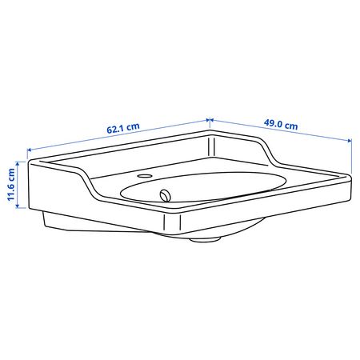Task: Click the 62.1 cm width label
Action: pyautogui.click(x=123, y=128)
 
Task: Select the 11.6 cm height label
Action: pyautogui.click(x=11, y=185)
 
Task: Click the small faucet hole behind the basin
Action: pyautogui.click(x=145, y=176)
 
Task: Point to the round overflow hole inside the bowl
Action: pyautogui.click(x=166, y=195)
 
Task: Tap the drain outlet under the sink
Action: pyautogui.click(x=205, y=239)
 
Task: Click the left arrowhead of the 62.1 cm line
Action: pyautogui.click(x=30, y=150)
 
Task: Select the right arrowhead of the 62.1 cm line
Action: pyautogui.click(x=207, y=120)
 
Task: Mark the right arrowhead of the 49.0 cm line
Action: pyautogui.click(x=350, y=141)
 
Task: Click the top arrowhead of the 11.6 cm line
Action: pyautogui.click(x=18, y=163)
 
